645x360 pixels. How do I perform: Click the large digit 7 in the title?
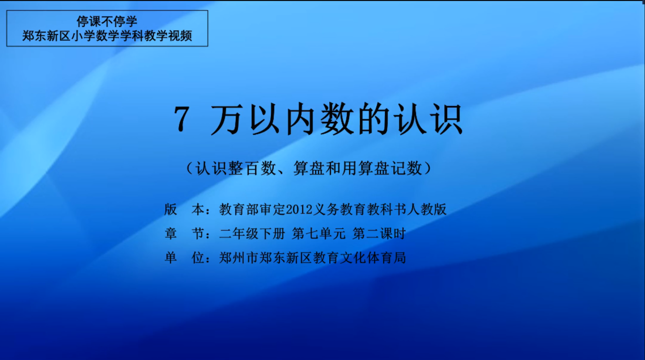pos(182,119)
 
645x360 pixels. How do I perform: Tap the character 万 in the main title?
pos(225,119)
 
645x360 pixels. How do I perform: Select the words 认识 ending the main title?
pos(428,119)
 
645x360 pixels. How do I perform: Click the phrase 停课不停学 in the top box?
pos(107,21)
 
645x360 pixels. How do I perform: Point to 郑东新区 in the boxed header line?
pos(47,36)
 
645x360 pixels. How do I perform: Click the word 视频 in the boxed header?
pos(180,36)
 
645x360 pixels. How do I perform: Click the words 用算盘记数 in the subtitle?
pos(382,168)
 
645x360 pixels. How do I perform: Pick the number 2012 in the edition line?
pos(299,209)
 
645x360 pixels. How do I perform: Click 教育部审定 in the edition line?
pos(252,209)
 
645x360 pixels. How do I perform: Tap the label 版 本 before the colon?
pos(184,209)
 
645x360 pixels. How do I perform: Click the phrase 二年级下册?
pos(252,234)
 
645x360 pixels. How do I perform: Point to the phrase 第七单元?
pos(318,234)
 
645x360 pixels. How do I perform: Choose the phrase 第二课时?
pos(379,234)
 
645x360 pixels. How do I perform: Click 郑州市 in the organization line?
pos(239,258)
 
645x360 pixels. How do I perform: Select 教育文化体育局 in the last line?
pos(359,258)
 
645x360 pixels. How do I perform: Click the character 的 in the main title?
pos(374,119)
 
